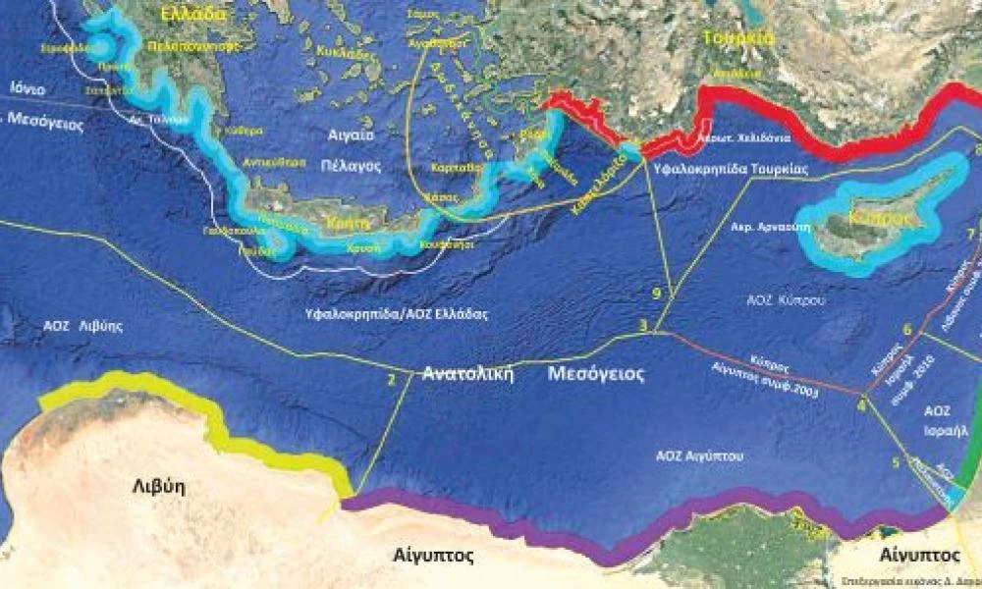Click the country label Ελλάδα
click(194, 14)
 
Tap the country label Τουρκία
click(739, 38)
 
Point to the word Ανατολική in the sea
click(468, 374)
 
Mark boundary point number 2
click(392, 379)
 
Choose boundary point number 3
click(643, 326)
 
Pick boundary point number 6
click(907, 329)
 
